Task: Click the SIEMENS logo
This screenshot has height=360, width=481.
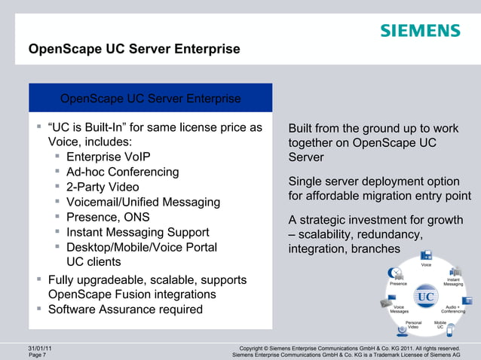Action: tap(420, 31)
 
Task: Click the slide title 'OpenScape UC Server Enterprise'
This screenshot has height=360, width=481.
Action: tap(134, 50)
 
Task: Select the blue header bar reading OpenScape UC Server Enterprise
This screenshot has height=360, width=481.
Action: tap(150, 99)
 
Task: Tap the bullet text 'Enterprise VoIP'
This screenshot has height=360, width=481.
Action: tap(109, 157)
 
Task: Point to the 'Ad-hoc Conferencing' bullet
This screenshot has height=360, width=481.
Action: tap(123, 172)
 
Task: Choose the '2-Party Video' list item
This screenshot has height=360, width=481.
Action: tap(103, 187)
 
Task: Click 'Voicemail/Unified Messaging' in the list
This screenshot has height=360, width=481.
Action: tap(143, 202)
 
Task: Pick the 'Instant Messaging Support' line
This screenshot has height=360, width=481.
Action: tap(138, 232)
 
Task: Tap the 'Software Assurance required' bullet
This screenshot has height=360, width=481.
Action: tap(125, 310)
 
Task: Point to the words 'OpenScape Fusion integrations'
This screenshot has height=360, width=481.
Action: tap(132, 294)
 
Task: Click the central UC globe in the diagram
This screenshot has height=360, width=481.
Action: tap(426, 296)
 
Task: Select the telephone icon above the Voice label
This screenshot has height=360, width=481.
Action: tap(427, 255)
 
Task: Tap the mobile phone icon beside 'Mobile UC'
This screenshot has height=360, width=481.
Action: tap(450, 330)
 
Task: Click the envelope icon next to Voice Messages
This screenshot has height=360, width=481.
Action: tap(386, 303)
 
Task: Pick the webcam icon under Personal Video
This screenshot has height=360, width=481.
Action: tap(403, 331)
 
